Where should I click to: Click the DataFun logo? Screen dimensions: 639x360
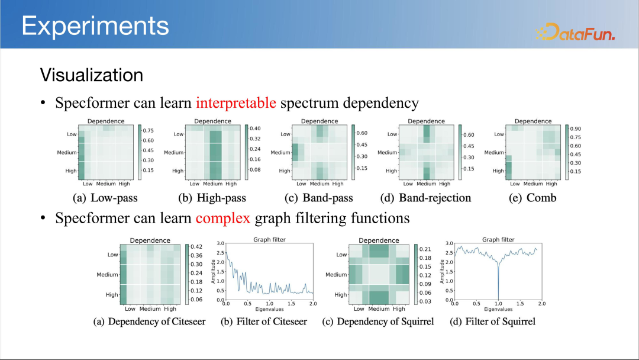coord(575,32)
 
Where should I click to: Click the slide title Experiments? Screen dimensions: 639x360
coord(95,25)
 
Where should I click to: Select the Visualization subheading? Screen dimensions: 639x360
coord(92,75)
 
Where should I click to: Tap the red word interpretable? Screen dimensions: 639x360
coord(236,103)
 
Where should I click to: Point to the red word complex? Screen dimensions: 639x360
coord(222,218)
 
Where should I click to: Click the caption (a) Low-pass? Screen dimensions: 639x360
coord(105,198)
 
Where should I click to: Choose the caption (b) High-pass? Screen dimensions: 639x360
coord(212,198)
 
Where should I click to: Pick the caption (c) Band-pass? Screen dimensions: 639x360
coord(319,198)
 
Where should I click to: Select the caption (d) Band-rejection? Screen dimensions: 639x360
coord(425,198)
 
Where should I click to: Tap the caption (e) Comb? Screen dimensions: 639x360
coord(532,198)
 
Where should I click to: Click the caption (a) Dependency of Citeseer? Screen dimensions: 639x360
coord(149,322)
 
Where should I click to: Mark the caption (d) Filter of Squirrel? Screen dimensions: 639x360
coord(492,322)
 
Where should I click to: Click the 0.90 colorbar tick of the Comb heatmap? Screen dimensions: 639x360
coord(576,129)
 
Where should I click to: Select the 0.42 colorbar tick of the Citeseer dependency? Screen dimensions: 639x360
coord(196,247)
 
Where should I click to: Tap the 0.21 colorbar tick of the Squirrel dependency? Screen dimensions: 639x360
coord(425,249)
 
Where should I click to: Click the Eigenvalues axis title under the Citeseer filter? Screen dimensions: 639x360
coord(269,309)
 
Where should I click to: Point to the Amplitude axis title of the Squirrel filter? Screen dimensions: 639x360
coord(442,272)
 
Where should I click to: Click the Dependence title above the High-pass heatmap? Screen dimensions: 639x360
coord(212,121)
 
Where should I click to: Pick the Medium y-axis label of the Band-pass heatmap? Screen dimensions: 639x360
coord(280,153)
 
